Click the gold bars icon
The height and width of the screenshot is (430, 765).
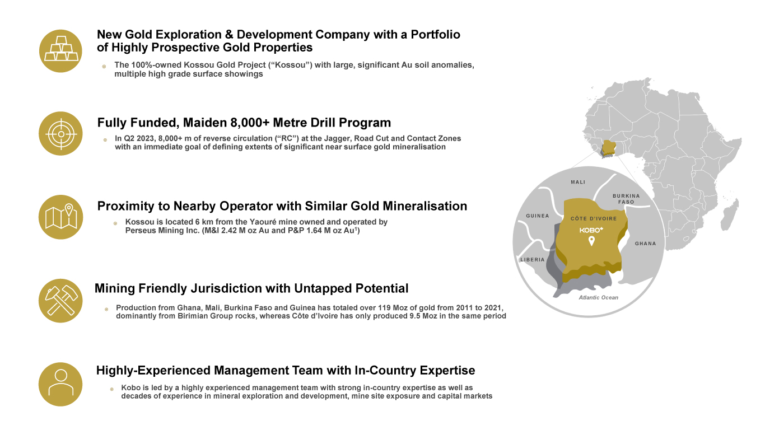(x=61, y=51)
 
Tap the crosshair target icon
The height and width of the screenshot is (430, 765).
(x=61, y=134)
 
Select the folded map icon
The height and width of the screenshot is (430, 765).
(x=61, y=217)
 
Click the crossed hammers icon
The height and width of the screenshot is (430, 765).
(x=61, y=301)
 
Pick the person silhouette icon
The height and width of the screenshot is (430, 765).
(x=61, y=384)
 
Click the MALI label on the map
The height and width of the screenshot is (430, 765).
(x=578, y=182)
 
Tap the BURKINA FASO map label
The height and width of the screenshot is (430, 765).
(x=626, y=199)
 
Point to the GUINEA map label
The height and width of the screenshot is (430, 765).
(x=538, y=216)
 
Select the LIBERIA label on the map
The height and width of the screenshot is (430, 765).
(x=533, y=260)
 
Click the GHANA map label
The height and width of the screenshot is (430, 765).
(x=646, y=244)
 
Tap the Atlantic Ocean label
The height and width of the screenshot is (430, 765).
(x=598, y=297)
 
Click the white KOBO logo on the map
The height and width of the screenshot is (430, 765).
(x=591, y=230)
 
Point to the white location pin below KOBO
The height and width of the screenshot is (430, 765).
(x=592, y=241)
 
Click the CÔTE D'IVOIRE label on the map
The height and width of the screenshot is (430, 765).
(x=594, y=218)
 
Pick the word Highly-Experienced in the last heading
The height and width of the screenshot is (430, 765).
(x=153, y=371)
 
